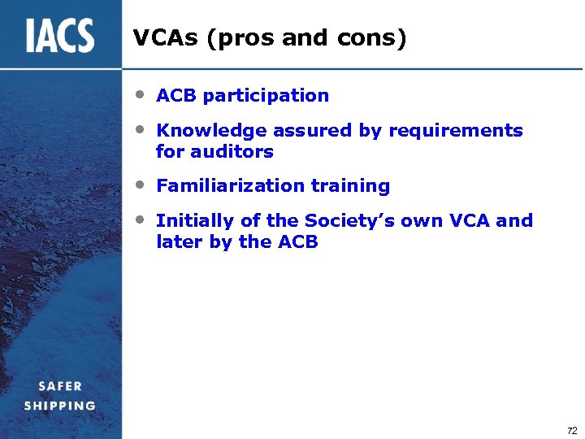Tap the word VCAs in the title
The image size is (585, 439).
pos(167,37)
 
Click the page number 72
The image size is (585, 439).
pos(571,431)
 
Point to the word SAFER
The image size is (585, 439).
pos(58,386)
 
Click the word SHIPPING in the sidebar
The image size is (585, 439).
pos(59,406)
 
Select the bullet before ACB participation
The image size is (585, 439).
pos(141,94)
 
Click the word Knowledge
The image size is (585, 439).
pos(211,131)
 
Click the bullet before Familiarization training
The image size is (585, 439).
pos(141,185)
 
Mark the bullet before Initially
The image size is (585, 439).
pos(141,219)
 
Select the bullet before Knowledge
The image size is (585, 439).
pos(141,129)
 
